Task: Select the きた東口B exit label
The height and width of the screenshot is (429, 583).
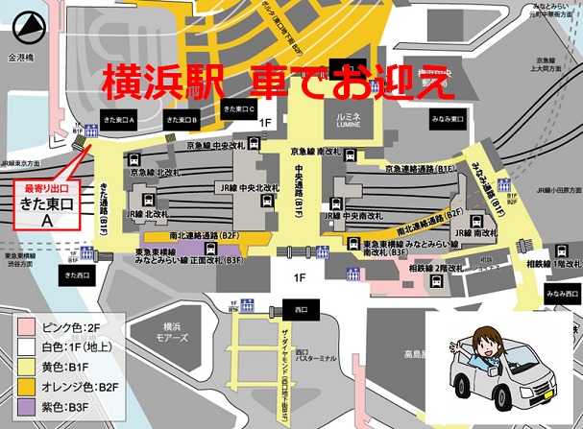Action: point(181,120)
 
